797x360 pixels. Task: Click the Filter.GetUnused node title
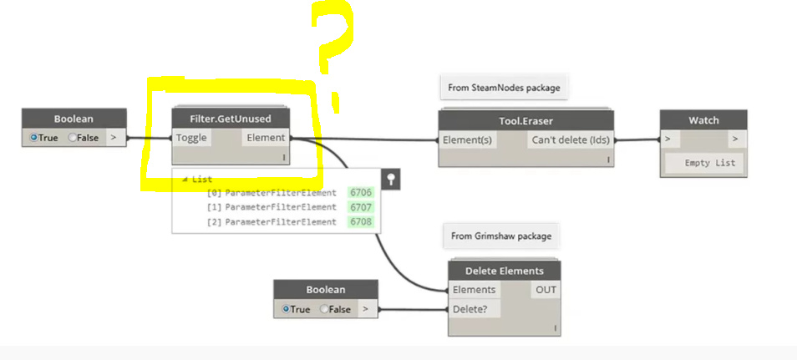pyautogui.click(x=231, y=119)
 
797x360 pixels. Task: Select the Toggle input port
pyautogui.click(x=191, y=138)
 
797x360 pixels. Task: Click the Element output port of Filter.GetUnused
pyautogui.click(x=267, y=138)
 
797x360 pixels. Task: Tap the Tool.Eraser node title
pyautogui.click(x=525, y=121)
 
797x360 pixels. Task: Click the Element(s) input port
pyautogui.click(x=467, y=139)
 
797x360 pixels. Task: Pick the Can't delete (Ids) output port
pyautogui.click(x=570, y=139)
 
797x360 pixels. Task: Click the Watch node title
pyautogui.click(x=703, y=119)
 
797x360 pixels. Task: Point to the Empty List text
pyautogui.click(x=709, y=163)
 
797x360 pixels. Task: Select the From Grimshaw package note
pyautogui.click(x=501, y=236)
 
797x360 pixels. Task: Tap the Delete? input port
pyautogui.click(x=471, y=309)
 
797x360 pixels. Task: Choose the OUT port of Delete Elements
pyautogui.click(x=545, y=290)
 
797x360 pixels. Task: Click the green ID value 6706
pyautogui.click(x=361, y=193)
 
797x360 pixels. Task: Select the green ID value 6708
pyautogui.click(x=361, y=222)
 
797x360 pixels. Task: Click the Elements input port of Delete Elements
pyautogui.click(x=474, y=290)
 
